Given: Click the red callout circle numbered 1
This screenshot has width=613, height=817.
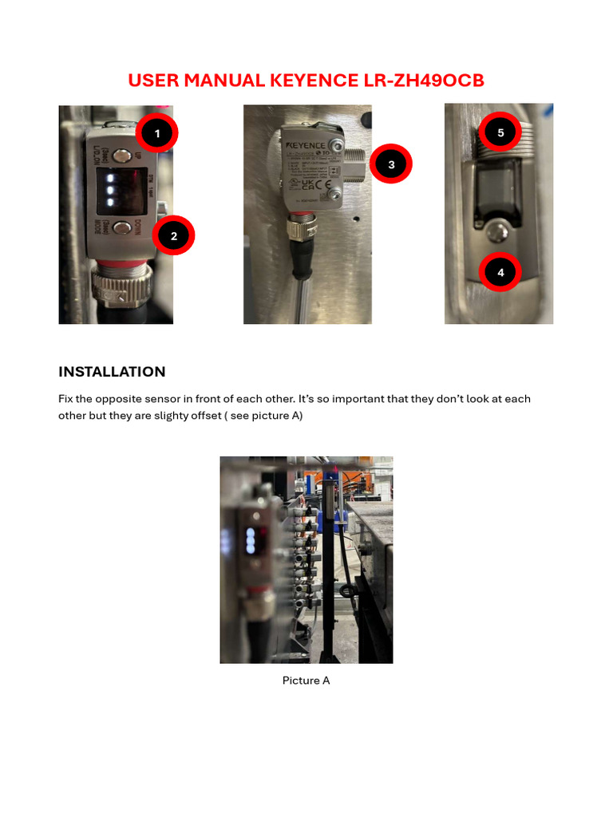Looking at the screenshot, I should coord(156,133).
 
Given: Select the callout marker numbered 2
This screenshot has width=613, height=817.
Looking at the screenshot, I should coord(174,235).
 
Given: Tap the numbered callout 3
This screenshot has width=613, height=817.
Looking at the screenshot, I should coord(391,164).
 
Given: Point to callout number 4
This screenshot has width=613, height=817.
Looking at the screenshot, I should coord(500,273).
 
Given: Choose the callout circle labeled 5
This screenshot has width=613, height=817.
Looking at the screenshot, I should coord(500,132).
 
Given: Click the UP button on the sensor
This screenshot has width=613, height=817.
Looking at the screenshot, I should coord(122,156).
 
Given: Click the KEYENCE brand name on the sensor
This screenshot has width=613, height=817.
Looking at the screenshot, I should coord(306,146).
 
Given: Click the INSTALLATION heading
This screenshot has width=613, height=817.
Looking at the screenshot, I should coord(112,372).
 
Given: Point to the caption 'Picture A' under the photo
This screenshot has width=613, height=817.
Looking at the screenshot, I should coord(306,681).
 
